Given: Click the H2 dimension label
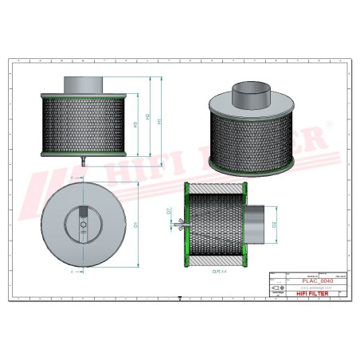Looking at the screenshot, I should (148, 117).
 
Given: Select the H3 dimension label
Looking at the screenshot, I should (135, 125).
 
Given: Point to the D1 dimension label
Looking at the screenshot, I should (137, 225).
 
